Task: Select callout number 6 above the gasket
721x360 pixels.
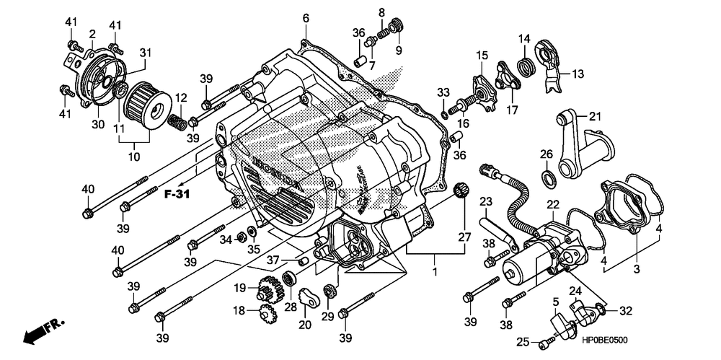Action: point(305,17)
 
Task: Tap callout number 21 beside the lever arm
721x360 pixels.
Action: point(594,117)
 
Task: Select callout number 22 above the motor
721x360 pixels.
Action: point(552,205)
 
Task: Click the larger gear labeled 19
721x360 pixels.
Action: point(268,291)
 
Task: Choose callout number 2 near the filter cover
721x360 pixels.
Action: point(92,34)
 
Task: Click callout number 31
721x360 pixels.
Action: point(146,53)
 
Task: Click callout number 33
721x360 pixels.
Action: point(443,92)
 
